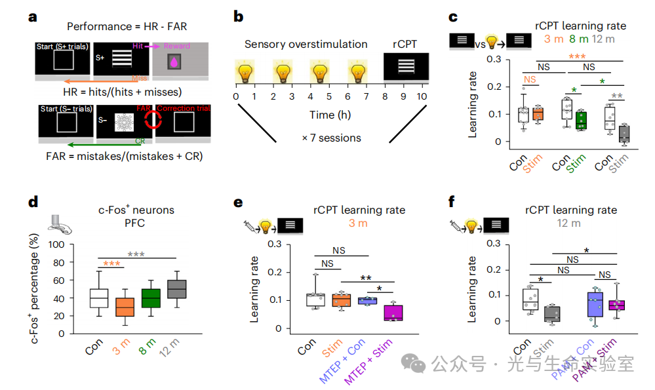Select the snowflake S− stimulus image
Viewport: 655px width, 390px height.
pyautogui.click(x=125, y=123)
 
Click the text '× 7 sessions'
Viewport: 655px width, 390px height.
pyautogui.click(x=331, y=138)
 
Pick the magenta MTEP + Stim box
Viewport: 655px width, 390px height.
pyautogui.click(x=394, y=312)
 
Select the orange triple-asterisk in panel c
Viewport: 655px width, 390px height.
pyautogui.click(x=576, y=57)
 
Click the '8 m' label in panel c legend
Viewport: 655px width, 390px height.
pyautogui.click(x=578, y=39)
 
